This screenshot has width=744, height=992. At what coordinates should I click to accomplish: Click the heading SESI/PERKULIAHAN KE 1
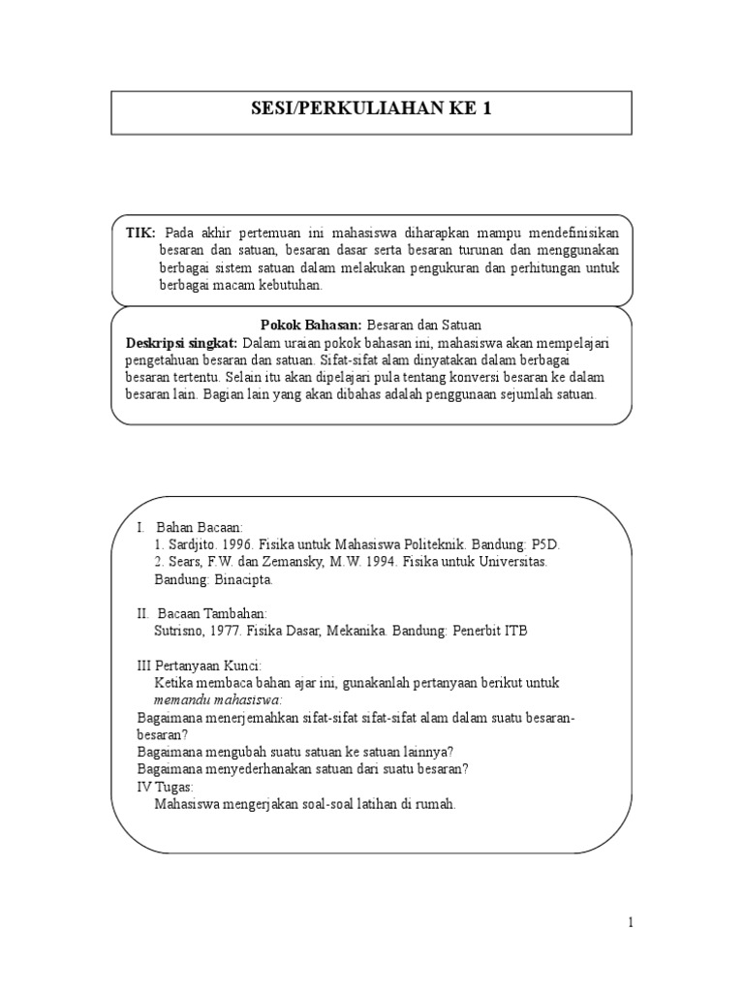(372, 108)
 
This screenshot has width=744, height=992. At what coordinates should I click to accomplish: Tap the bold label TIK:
(141, 233)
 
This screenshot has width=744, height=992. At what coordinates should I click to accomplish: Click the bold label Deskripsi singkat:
(182, 343)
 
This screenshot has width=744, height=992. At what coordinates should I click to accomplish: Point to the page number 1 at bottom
(631, 923)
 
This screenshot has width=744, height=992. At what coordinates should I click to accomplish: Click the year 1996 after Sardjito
(239, 544)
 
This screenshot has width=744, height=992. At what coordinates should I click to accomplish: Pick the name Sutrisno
(182, 631)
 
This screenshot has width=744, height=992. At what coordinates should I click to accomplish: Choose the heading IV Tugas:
(166, 787)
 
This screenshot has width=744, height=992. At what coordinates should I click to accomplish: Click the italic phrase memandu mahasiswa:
(218, 699)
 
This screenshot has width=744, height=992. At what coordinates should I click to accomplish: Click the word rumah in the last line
(431, 804)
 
